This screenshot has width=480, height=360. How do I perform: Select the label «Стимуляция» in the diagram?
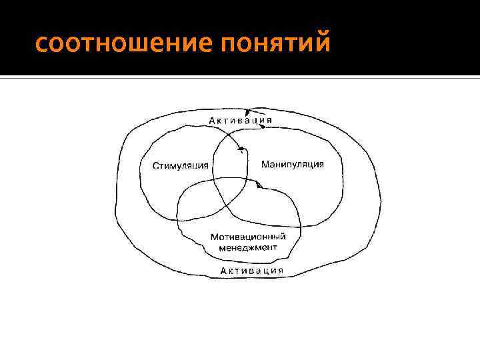(180, 166)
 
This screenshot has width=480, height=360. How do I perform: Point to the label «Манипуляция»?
(293, 163)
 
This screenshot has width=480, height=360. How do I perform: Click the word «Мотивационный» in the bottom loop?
(248, 237)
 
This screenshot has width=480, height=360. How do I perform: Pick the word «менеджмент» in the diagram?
(247, 247)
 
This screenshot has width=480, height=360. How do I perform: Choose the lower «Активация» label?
(252, 271)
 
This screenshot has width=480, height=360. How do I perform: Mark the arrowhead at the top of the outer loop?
(249, 111)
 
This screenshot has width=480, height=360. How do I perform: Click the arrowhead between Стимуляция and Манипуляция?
(241, 149)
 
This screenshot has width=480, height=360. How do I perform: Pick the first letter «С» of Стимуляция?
(156, 166)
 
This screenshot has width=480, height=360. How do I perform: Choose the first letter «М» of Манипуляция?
(265, 163)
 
